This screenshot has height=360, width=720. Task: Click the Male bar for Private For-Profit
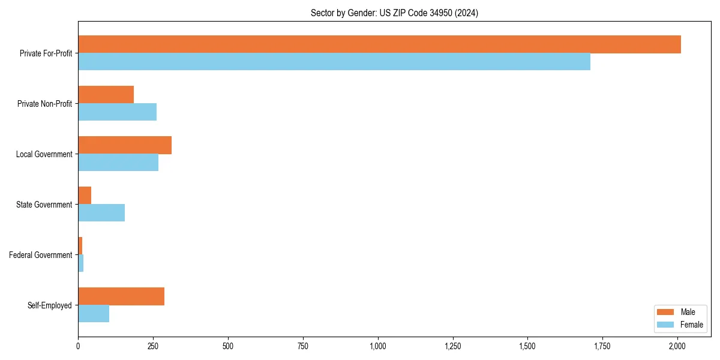point(379,44)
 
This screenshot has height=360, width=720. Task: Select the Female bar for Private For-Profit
point(334,62)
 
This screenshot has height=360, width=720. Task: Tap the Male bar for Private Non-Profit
point(106,95)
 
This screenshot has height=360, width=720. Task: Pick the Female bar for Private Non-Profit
point(117,112)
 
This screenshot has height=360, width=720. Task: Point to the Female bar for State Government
point(101,213)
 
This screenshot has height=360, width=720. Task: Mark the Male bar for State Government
point(85,196)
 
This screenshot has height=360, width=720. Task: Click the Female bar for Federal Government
point(81,263)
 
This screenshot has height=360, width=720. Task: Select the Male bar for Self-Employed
point(121,296)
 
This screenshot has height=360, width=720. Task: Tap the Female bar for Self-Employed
point(94,314)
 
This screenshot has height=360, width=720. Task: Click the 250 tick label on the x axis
point(153,346)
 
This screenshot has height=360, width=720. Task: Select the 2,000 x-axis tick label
point(677,346)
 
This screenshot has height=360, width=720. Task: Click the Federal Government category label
point(41,255)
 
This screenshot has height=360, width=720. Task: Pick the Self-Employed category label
point(50,305)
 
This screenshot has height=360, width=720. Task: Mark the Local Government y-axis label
point(44,154)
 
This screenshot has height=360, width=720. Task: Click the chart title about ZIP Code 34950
point(394,13)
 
